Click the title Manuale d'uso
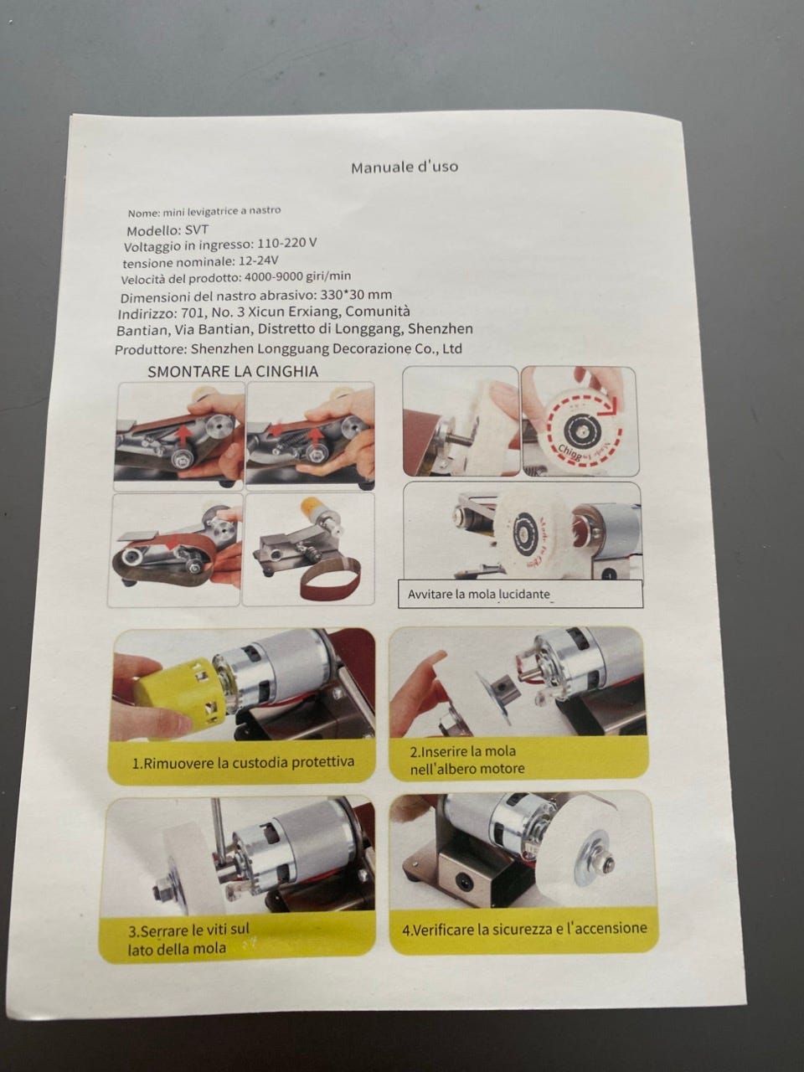tap(405, 167)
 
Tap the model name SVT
tap(197, 230)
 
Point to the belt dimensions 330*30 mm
tap(356, 295)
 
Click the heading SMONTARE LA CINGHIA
tap(233, 372)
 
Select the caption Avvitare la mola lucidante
tap(479, 595)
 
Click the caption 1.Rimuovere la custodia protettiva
tap(243, 762)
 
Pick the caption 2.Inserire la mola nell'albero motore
tap(467, 760)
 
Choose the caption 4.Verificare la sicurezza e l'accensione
tap(524, 929)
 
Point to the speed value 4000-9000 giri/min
tap(298, 276)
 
